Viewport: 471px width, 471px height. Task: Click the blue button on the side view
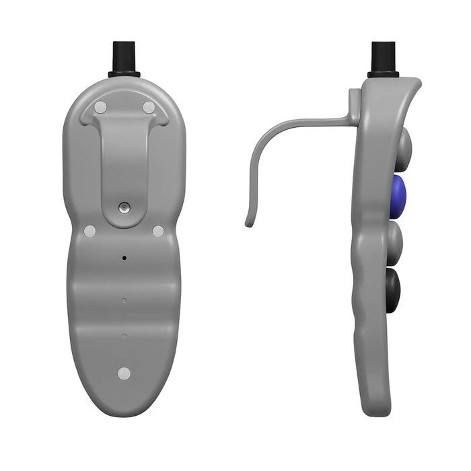(398, 196)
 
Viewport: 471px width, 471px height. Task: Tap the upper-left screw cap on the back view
(100, 107)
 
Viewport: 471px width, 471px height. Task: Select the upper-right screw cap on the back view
(149, 107)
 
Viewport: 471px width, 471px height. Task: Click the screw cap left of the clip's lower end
(89, 231)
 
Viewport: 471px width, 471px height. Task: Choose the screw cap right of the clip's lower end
(158, 231)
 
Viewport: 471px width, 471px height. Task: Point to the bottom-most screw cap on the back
(124, 373)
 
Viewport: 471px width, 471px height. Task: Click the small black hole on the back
(124, 258)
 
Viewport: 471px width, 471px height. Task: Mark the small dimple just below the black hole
(124, 300)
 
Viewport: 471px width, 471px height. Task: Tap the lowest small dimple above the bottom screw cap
(124, 334)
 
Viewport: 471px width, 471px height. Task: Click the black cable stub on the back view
(124, 55)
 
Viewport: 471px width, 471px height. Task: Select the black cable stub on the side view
(383, 55)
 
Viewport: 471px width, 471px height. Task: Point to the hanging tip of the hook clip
(250, 221)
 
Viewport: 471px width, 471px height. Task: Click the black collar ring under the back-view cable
(124, 74)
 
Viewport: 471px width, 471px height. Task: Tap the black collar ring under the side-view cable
(383, 74)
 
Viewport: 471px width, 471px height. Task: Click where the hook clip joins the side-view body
(353, 116)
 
